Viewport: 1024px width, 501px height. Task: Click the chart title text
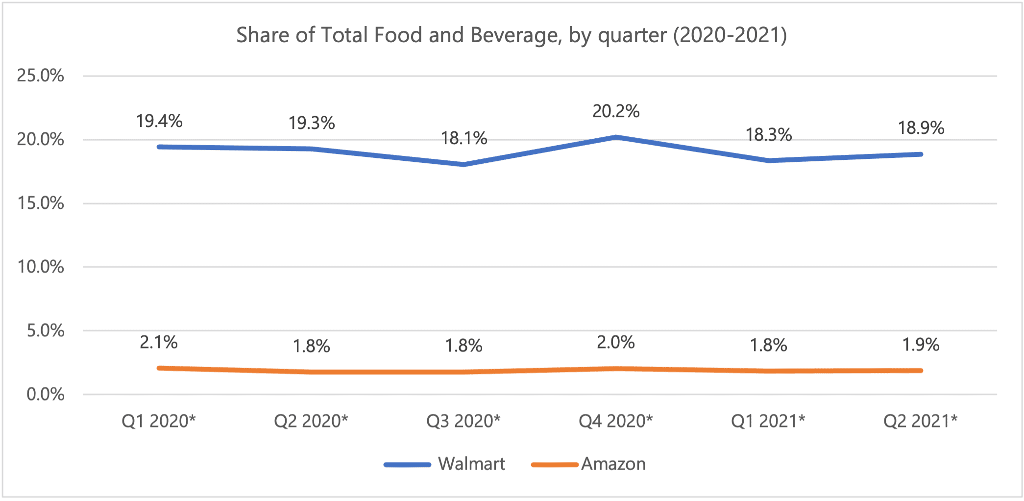512,35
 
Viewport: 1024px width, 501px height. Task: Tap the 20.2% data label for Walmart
616,111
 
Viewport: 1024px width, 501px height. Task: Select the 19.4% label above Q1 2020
159,121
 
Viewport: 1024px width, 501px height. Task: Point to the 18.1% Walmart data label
464,138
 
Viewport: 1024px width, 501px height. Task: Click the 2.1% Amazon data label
158,342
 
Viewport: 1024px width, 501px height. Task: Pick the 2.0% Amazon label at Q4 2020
615,342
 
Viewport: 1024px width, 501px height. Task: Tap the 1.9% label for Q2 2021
921,345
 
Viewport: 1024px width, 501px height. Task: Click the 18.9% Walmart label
921,128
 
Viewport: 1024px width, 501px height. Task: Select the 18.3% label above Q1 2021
768,134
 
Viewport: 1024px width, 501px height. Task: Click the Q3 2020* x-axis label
463,421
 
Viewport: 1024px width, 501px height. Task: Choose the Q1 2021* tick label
768,421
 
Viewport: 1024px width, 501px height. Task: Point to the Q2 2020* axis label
311,421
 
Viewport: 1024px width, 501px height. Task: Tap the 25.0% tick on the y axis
41,75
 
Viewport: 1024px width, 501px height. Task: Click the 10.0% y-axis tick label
41,267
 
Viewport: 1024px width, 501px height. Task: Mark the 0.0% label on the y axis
45,394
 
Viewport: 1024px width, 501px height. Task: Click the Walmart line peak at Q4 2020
616,137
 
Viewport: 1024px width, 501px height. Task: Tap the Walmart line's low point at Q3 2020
464,164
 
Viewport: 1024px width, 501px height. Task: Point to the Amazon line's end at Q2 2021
921,371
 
